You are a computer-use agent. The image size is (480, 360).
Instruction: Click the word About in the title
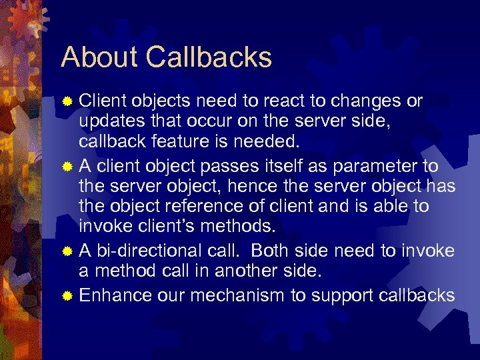click(101, 57)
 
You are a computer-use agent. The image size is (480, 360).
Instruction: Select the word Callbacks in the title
click(209, 57)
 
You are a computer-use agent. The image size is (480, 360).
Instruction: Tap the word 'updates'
click(107, 121)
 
